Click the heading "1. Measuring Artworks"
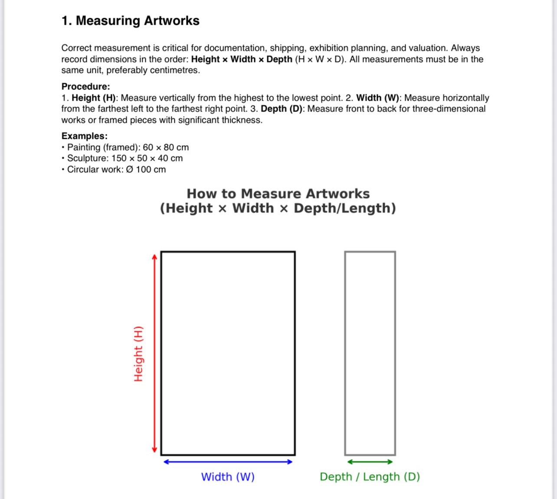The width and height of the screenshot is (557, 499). (130, 21)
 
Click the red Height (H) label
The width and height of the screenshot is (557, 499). (138, 354)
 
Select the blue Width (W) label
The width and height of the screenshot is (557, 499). (228, 477)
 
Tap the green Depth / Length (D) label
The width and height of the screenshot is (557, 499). (370, 477)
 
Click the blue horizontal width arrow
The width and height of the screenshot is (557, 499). (228, 462)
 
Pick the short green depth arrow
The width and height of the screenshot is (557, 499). (370, 462)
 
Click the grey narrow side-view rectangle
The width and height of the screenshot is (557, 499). (370, 353)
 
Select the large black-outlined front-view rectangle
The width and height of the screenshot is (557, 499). (228, 353)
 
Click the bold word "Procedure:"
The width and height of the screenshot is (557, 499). (85, 86)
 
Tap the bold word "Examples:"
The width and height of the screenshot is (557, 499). (84, 136)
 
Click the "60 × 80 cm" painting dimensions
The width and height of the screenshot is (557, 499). (166, 148)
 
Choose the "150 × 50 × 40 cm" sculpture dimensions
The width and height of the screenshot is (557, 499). (147, 158)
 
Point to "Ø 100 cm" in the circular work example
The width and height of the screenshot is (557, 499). (146, 170)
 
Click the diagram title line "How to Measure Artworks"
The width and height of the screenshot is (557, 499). (278, 194)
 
